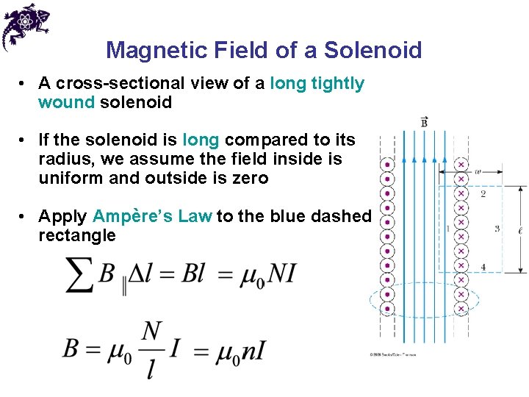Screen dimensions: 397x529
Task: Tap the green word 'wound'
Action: click(x=66, y=102)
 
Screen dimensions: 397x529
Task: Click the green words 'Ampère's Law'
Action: click(x=152, y=216)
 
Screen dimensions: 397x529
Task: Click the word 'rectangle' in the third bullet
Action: click(x=76, y=235)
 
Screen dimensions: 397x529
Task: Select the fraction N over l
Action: click(x=151, y=348)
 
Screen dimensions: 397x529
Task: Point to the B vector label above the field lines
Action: click(x=425, y=121)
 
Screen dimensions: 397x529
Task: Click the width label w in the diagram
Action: click(x=478, y=171)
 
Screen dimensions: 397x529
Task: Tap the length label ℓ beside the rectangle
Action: click(x=521, y=230)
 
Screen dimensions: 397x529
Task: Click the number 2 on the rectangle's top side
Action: click(x=483, y=194)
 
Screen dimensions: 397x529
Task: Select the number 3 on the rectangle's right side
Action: click(x=497, y=229)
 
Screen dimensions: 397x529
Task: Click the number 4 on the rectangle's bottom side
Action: click(x=483, y=266)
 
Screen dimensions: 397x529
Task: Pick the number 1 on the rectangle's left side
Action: click(x=447, y=229)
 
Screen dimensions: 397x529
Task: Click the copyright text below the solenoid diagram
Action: click(x=392, y=354)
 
